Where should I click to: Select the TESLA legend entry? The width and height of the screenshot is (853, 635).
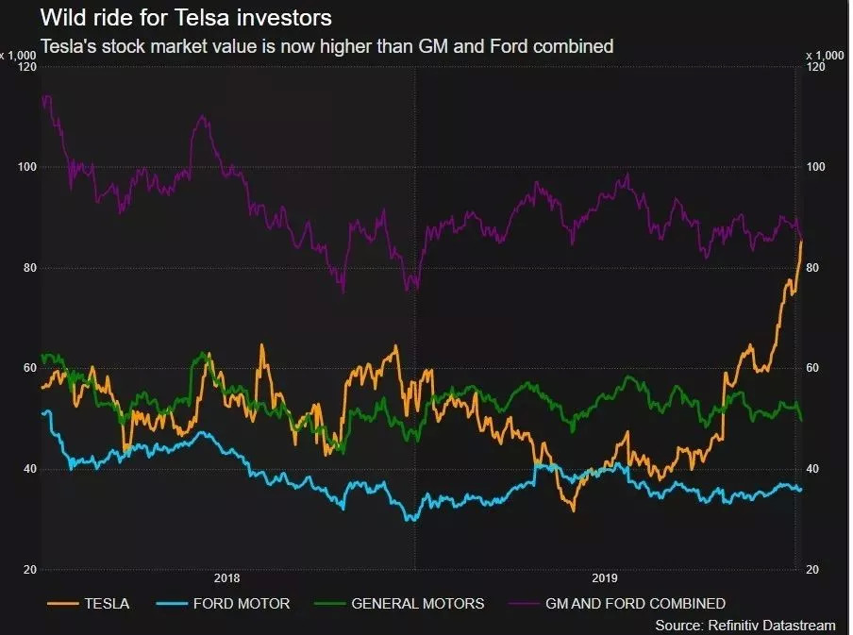pyautogui.click(x=108, y=603)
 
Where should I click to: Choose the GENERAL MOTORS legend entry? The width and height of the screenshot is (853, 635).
pyautogui.click(x=417, y=603)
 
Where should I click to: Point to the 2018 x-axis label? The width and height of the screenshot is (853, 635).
pyautogui.click(x=227, y=578)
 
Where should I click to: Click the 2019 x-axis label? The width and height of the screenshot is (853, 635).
pyautogui.click(x=604, y=578)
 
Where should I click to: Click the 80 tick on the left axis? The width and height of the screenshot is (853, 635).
pyautogui.click(x=28, y=268)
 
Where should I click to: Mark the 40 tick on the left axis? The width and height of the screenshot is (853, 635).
pyautogui.click(x=28, y=470)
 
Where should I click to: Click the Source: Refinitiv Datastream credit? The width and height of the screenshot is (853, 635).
pyautogui.click(x=744, y=625)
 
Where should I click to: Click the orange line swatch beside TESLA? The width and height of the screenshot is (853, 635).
pyautogui.click(x=62, y=603)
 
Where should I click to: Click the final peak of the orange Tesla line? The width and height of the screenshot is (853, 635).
pyautogui.click(x=801, y=242)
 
